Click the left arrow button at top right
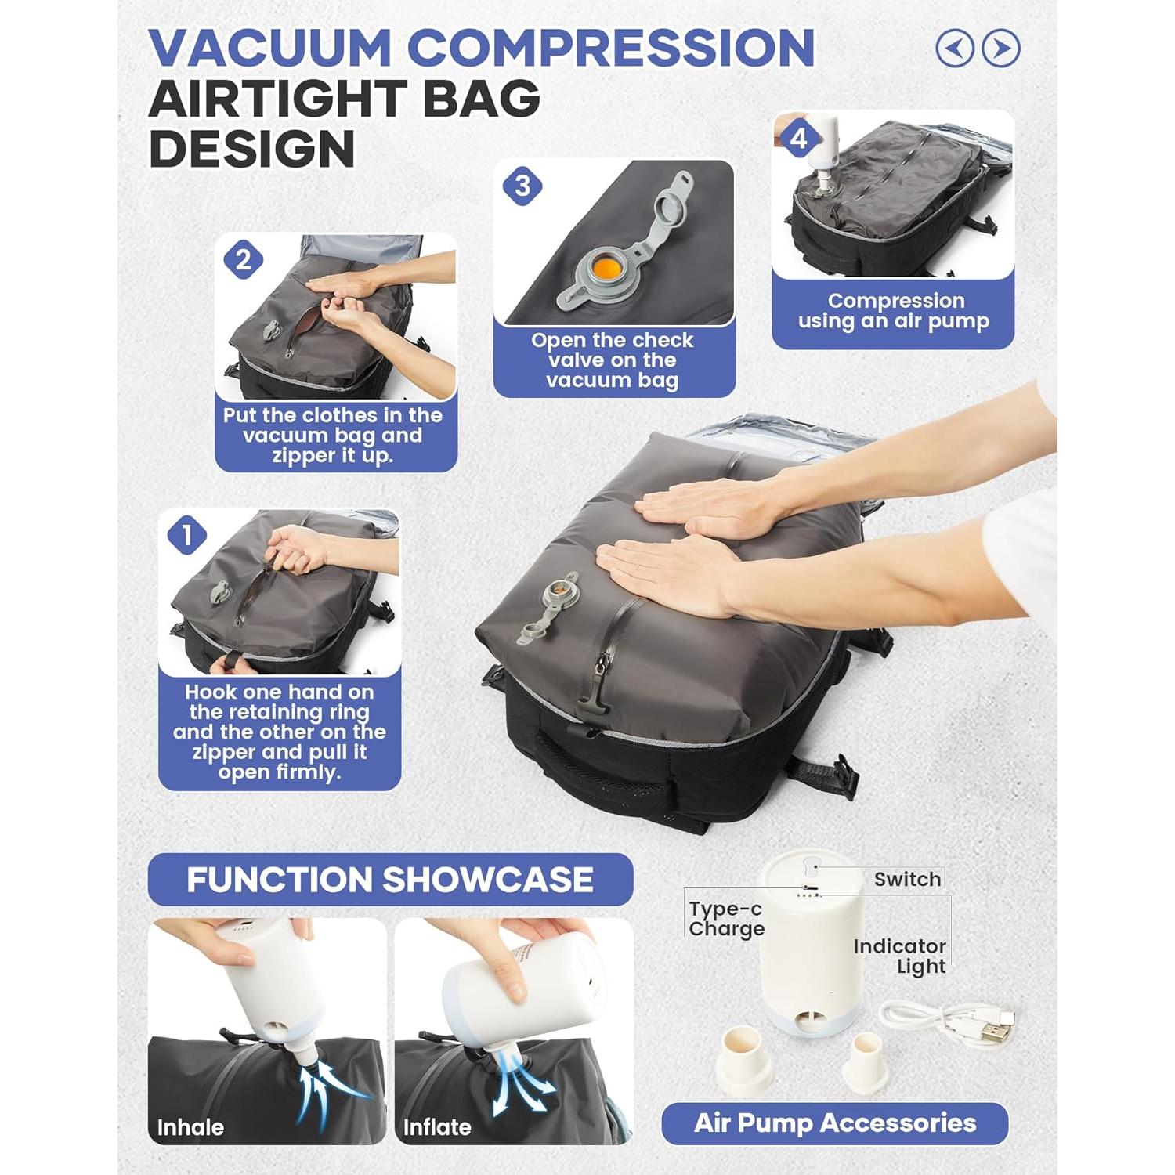(955, 49)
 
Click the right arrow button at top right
(1000, 49)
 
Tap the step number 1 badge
(186, 536)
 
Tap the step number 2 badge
(243, 260)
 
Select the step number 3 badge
(522, 186)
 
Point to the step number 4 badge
(798, 139)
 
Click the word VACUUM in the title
(269, 49)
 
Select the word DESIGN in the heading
(251, 149)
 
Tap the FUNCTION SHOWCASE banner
(389, 880)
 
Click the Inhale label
(190, 1127)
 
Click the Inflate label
(436, 1127)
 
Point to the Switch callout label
(907, 879)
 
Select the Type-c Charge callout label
(725, 918)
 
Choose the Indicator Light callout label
(900, 956)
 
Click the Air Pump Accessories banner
(834, 1123)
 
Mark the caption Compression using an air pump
(893, 311)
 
